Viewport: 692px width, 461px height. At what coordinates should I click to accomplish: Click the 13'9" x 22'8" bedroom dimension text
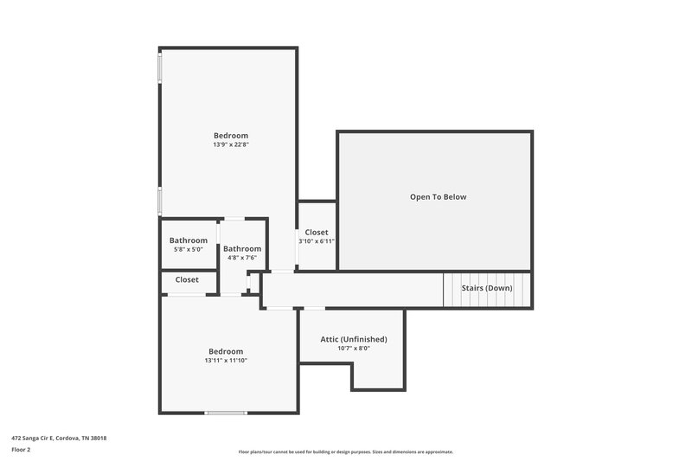[x=231, y=145]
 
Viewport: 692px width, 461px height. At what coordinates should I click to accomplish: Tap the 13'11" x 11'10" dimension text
[x=226, y=361]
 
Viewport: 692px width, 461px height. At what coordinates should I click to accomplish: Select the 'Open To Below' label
[x=438, y=197]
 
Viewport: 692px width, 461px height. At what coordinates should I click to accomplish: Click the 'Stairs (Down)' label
[x=486, y=288]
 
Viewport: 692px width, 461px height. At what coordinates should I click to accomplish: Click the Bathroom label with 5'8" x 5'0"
[x=188, y=240]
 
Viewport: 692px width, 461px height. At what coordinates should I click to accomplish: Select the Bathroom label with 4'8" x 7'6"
[x=242, y=248]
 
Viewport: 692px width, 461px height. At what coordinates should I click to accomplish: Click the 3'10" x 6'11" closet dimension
[x=317, y=241]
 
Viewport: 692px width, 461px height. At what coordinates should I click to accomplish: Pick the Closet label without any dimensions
[x=187, y=280]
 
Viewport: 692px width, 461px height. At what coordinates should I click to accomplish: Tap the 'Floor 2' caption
[x=20, y=450]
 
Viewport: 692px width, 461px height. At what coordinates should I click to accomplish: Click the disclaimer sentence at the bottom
[x=345, y=451]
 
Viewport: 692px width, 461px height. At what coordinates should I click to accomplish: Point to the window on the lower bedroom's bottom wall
[x=226, y=413]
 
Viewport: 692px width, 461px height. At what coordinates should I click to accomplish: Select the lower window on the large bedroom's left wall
[x=158, y=200]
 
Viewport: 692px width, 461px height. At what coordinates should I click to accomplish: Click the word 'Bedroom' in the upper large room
[x=231, y=136]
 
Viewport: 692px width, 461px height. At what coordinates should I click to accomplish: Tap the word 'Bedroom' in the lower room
[x=226, y=351]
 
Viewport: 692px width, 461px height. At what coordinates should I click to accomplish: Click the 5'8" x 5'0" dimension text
[x=188, y=250]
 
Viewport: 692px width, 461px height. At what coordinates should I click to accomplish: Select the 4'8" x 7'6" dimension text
[x=242, y=258]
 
